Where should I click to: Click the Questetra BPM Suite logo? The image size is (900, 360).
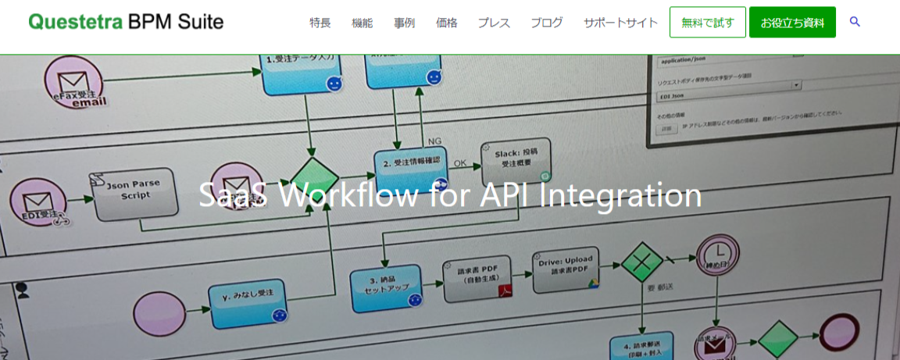[x=126, y=22]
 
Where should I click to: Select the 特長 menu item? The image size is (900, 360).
[x=320, y=23]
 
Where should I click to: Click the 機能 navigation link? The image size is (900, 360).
[x=362, y=23]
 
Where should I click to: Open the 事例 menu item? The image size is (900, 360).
[x=405, y=23]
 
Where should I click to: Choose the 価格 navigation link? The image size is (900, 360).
[x=447, y=23]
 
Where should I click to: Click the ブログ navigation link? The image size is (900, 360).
[x=546, y=23]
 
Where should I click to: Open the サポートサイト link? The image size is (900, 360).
[x=620, y=23]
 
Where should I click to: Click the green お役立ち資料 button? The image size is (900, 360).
[x=792, y=23]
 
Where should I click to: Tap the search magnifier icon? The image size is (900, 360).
[x=855, y=22]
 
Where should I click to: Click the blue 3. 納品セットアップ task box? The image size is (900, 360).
[x=387, y=286]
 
